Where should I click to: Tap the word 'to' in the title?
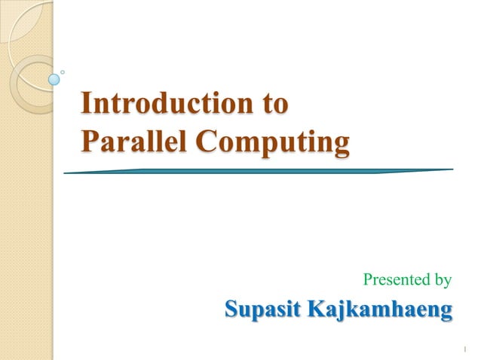[275, 103]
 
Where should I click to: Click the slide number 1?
[465, 348]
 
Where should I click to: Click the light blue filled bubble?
[54, 78]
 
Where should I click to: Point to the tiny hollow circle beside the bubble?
[63, 72]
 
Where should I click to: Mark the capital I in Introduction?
[86, 103]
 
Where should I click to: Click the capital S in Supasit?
[233, 309]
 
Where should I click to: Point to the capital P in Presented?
[368, 280]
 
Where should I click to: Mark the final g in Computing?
[341, 145]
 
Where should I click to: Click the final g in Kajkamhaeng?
[446, 313]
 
